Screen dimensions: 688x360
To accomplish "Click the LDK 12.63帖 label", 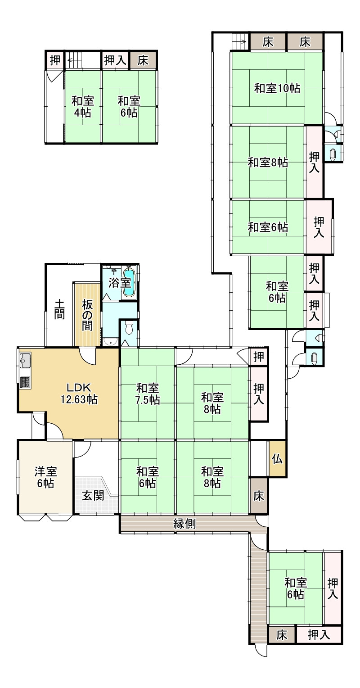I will [79, 393].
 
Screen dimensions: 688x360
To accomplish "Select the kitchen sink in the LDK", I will [25, 361].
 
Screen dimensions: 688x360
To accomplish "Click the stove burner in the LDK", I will [25, 382].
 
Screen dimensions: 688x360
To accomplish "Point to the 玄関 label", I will [93, 495].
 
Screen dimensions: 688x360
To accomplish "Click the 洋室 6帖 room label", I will [45, 477].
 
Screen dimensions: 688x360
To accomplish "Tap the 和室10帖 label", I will [277, 88].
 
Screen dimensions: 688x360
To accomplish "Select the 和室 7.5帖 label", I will [148, 393].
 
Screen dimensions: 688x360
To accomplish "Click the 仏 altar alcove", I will [277, 459].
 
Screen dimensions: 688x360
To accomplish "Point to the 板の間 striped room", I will [87, 315].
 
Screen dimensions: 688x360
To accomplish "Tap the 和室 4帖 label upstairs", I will [82, 106].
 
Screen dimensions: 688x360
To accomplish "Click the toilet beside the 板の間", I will [129, 328].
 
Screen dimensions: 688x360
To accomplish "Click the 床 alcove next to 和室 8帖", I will [258, 496].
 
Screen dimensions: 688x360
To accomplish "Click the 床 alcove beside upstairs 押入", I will [143, 60].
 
